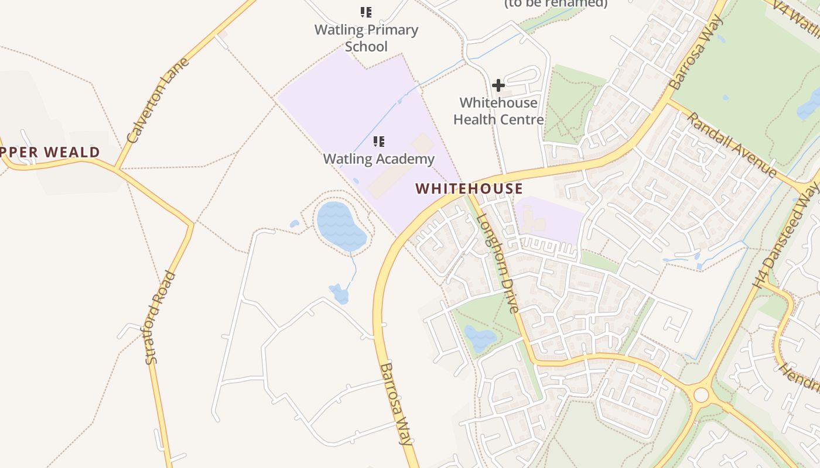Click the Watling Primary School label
(366, 38)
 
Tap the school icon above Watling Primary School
(366, 12)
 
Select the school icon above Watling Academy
(379, 141)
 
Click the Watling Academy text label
(379, 159)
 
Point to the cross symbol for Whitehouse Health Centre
(498, 85)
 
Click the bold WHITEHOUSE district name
(469, 188)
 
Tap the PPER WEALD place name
(50, 153)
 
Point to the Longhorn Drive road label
(498, 263)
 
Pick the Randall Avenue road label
(732, 144)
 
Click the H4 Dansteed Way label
(787, 235)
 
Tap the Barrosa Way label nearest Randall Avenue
(696, 53)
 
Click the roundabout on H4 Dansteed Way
(701, 395)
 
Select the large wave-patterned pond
(341, 225)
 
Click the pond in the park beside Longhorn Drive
(480, 338)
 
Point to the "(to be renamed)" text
(556, 4)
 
